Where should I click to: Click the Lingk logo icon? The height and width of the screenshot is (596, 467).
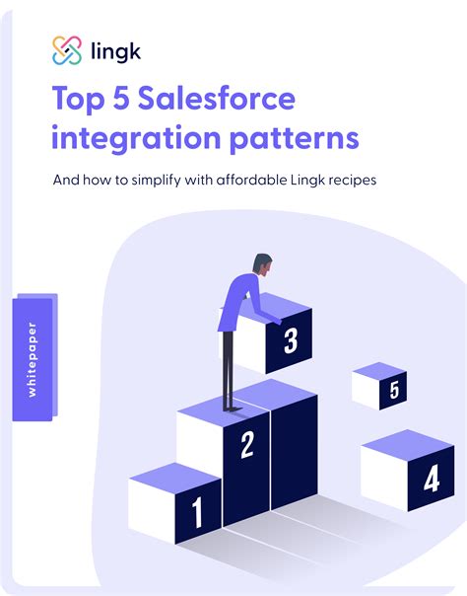point(67,49)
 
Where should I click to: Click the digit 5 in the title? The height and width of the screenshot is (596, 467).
point(127,101)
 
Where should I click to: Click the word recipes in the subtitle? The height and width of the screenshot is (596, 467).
point(350,182)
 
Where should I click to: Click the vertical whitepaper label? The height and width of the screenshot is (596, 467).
point(33,358)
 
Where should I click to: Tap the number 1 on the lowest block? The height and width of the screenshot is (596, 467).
point(196,513)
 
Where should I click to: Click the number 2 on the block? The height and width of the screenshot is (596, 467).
point(247,444)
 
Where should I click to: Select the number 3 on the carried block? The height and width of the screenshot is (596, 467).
point(290,340)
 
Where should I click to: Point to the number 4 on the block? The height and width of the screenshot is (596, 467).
point(431,481)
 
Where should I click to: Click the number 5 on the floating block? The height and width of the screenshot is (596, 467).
point(394,391)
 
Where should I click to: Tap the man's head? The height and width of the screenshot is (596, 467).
point(262,263)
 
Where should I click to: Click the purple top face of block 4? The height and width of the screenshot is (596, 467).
point(406,443)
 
